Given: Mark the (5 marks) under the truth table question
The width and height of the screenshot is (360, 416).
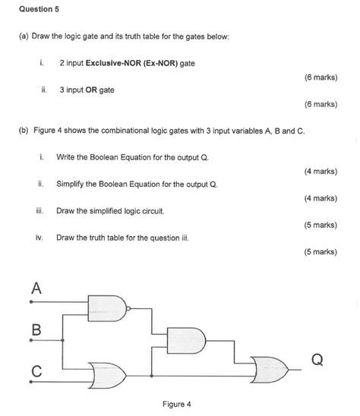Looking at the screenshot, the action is tap(318, 251).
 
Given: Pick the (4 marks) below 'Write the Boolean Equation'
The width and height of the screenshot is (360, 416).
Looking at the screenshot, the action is tap(318, 172).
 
